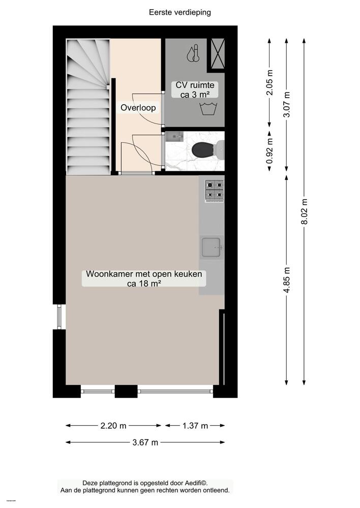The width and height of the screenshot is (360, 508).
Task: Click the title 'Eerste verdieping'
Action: [x=180, y=12]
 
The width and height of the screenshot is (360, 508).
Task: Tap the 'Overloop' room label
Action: [x=138, y=108]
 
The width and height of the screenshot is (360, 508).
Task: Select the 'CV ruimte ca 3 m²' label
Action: [x=196, y=89]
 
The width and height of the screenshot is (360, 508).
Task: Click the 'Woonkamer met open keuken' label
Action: [x=144, y=278]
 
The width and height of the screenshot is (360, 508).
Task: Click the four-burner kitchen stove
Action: [x=214, y=190]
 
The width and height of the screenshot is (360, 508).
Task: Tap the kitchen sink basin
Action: [x=212, y=247]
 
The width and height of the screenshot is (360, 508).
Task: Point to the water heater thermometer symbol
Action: [x=192, y=54]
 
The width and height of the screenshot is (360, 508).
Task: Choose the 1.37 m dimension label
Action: [x=195, y=426]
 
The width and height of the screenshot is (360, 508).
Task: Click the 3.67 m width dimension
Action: [x=144, y=442]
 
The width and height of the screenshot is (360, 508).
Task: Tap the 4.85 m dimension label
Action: [x=287, y=280]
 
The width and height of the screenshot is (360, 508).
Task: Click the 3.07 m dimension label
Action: [x=287, y=105]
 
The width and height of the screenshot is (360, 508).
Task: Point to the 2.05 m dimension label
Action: [x=269, y=83]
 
